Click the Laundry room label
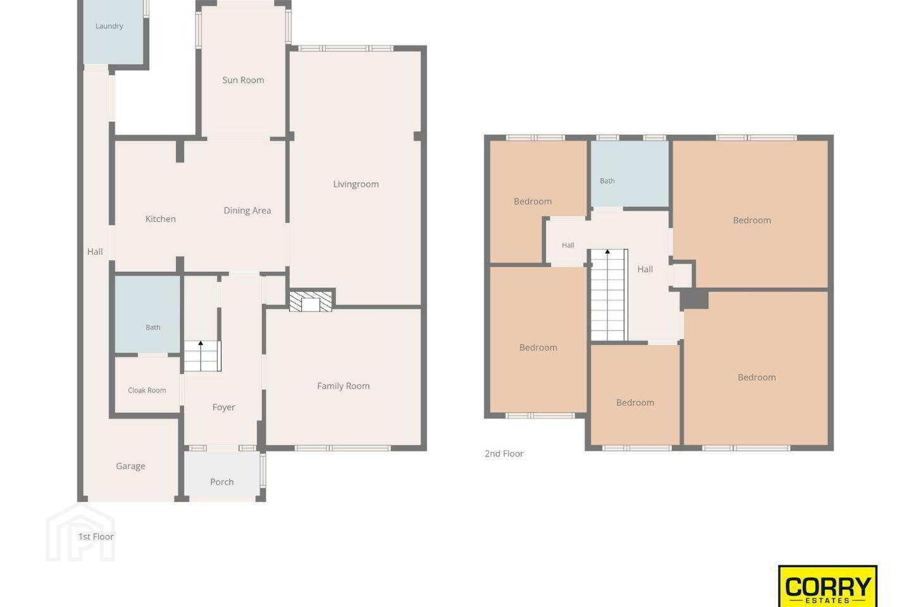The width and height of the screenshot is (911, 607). coord(109,27)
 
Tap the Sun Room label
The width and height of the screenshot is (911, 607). coord(243,80)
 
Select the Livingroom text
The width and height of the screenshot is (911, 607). coord(356,184)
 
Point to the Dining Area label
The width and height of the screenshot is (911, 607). coord(247,211)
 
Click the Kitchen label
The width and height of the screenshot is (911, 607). coord(161,219)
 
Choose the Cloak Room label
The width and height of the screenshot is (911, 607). coord(147,390)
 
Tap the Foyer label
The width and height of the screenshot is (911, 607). coord(224,407)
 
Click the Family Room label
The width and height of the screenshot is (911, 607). coord(344,386)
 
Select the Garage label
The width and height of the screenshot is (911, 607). coord(130,467)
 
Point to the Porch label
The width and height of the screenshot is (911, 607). coord(222,482)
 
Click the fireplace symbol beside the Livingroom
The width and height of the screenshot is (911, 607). coord(311,301)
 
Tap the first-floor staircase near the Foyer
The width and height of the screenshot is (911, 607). coord(202,356)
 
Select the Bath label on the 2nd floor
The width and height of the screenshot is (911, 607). coord(607,181)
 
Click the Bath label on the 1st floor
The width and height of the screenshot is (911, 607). coord(153,328)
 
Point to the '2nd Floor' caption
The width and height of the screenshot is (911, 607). coord(504,454)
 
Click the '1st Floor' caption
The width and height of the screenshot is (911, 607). coord(96,537)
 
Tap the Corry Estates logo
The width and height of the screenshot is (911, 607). coord(827,586)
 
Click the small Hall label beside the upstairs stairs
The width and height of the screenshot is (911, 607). coord(568,245)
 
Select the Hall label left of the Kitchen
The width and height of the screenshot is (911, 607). coord(95,252)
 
